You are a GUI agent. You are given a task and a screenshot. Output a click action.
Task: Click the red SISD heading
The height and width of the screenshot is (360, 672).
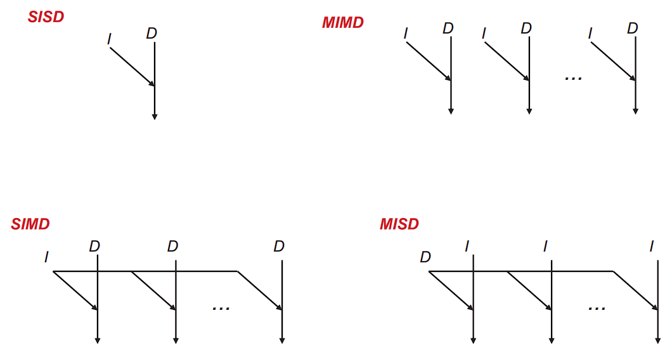46,17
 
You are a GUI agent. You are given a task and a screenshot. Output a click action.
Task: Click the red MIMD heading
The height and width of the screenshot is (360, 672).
343,23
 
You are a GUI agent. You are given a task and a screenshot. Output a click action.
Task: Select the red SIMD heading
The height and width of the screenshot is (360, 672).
30,224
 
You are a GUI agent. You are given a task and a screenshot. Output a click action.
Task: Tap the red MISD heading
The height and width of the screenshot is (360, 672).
399,224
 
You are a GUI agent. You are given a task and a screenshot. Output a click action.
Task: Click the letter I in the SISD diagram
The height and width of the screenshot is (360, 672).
109,39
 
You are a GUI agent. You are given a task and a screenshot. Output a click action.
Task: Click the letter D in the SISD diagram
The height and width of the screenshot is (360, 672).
151,33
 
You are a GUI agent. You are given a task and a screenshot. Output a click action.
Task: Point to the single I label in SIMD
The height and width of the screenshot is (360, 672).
46,257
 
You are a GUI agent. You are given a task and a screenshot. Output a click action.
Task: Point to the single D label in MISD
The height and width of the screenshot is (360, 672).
425,257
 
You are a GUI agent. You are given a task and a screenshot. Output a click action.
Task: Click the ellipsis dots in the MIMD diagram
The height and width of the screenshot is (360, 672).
573,78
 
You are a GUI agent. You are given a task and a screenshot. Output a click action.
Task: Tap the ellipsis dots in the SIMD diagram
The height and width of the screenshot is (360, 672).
221,308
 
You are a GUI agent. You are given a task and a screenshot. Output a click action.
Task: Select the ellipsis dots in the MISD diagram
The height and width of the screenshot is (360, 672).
597,308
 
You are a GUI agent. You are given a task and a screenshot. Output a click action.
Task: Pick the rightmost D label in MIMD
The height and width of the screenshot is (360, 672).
632,28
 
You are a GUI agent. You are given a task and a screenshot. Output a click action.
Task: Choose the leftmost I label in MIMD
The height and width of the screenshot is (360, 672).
406,34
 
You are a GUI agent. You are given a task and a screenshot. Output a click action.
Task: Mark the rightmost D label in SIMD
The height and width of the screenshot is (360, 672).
279,246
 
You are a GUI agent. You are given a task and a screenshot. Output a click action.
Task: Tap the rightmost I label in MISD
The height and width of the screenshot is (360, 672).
651,246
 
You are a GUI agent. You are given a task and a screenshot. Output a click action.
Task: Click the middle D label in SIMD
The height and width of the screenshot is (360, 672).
172,246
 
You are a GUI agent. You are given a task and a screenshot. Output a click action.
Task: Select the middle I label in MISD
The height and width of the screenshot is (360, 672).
545,246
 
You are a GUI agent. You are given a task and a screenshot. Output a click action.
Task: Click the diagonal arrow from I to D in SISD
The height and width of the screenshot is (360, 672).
132,66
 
